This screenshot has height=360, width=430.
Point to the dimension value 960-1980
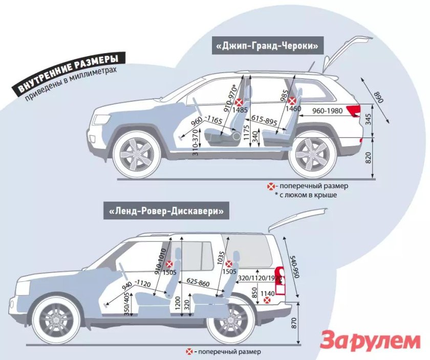click(x=327, y=110)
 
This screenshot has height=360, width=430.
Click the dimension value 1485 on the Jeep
click(x=240, y=110)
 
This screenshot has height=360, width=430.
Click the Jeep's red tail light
click(x=353, y=110)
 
